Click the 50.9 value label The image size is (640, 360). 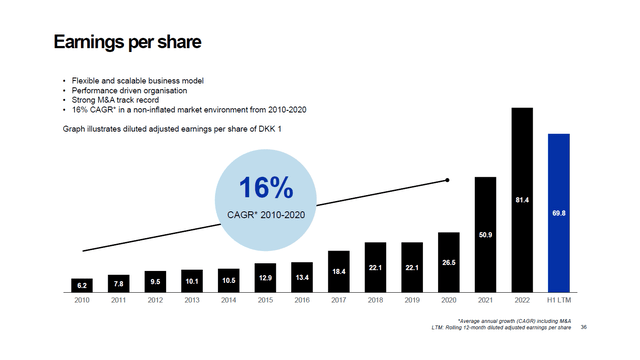(486, 235)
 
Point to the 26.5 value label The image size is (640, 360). (449, 263)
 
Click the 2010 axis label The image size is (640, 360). (83, 299)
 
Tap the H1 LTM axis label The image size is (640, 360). (559, 299)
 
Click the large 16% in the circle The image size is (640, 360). (265, 189)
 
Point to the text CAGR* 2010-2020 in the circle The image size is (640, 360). (265, 214)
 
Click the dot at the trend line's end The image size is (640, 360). (447, 180)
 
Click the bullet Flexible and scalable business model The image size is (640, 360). (134, 79)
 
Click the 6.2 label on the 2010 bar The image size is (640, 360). (83, 285)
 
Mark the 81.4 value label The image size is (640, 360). (522, 200)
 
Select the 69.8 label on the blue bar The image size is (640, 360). (559, 213)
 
